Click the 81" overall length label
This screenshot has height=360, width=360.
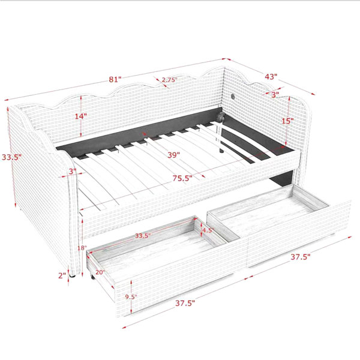(115, 79)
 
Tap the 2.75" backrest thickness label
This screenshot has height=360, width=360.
(169, 80)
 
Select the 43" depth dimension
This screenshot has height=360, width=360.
(271, 76)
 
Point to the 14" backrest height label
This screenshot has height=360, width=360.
(81, 116)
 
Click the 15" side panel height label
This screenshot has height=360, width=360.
(287, 121)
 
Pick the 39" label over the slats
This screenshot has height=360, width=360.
(173, 155)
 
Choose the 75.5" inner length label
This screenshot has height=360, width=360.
(182, 178)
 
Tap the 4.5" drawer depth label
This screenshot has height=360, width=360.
(208, 230)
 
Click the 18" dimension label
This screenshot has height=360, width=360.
(82, 248)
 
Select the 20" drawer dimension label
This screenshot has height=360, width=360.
(100, 272)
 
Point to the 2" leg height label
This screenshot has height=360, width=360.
(62, 275)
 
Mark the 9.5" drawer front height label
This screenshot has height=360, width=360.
(131, 297)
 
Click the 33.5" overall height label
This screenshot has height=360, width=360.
(12, 157)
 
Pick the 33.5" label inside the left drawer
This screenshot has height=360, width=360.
(143, 236)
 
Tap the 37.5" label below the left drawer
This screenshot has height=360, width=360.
(185, 303)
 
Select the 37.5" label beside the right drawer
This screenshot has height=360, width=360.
(301, 257)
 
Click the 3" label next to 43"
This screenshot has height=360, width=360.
(275, 95)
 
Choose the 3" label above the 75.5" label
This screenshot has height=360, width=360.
(73, 171)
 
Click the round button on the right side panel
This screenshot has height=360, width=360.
(233, 97)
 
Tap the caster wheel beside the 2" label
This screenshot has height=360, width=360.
(73, 276)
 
